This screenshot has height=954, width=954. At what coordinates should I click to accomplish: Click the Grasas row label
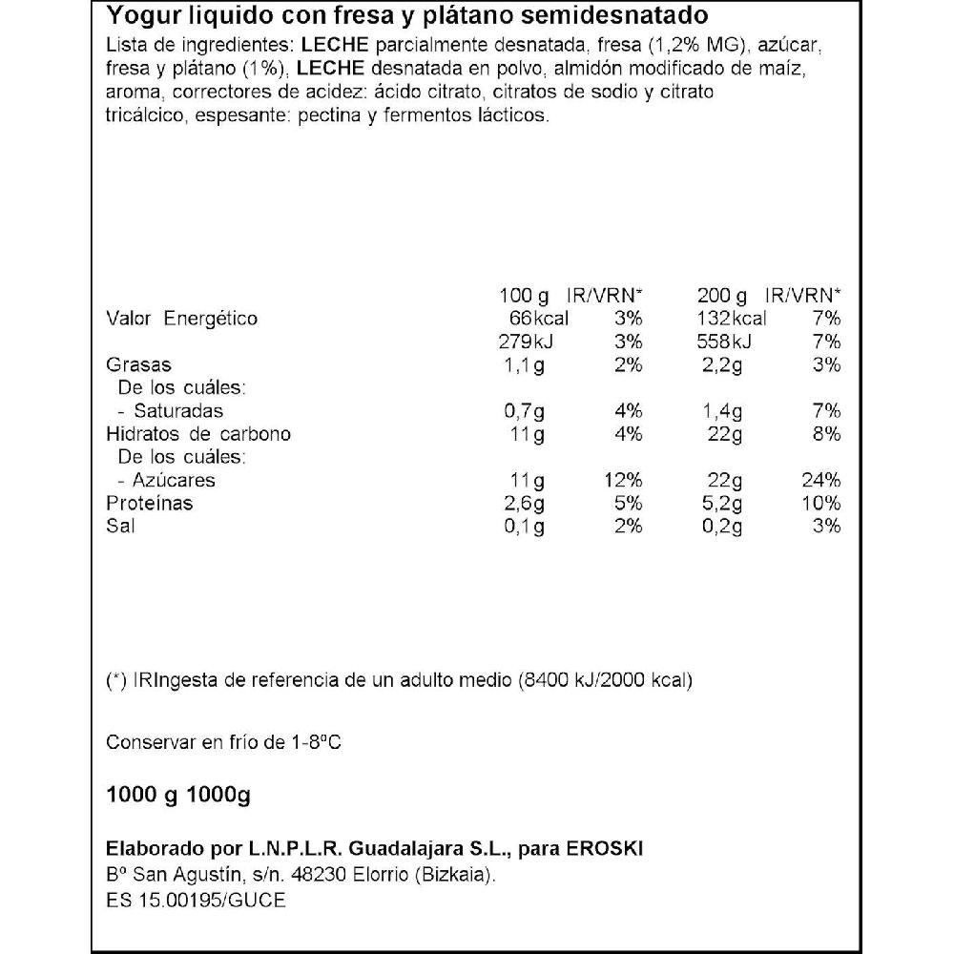(138, 365)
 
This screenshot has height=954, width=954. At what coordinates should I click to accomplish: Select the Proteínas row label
(149, 504)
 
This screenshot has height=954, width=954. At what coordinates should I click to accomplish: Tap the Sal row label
(120, 527)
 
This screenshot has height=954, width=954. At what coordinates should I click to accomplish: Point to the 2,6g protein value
(524, 504)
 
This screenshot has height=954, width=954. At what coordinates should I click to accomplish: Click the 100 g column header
(527, 295)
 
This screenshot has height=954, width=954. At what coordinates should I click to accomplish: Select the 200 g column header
(721, 295)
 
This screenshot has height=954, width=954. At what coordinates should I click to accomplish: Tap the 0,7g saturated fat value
(524, 411)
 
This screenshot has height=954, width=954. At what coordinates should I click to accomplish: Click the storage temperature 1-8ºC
(310, 742)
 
